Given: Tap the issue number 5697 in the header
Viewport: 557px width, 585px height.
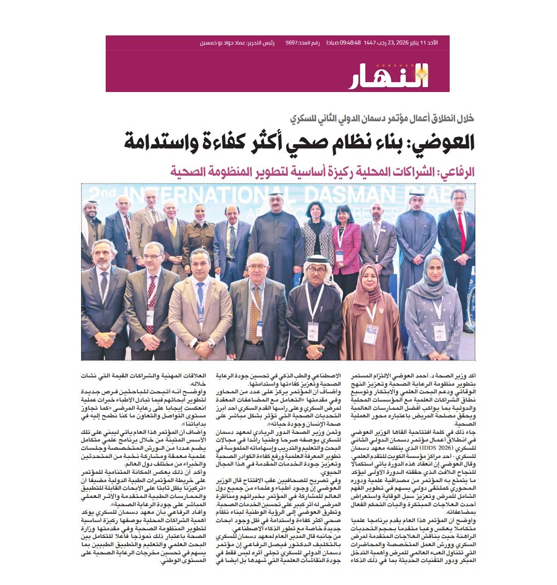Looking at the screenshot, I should [295, 43].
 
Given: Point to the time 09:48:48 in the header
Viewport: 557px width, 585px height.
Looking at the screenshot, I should [351, 43].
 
